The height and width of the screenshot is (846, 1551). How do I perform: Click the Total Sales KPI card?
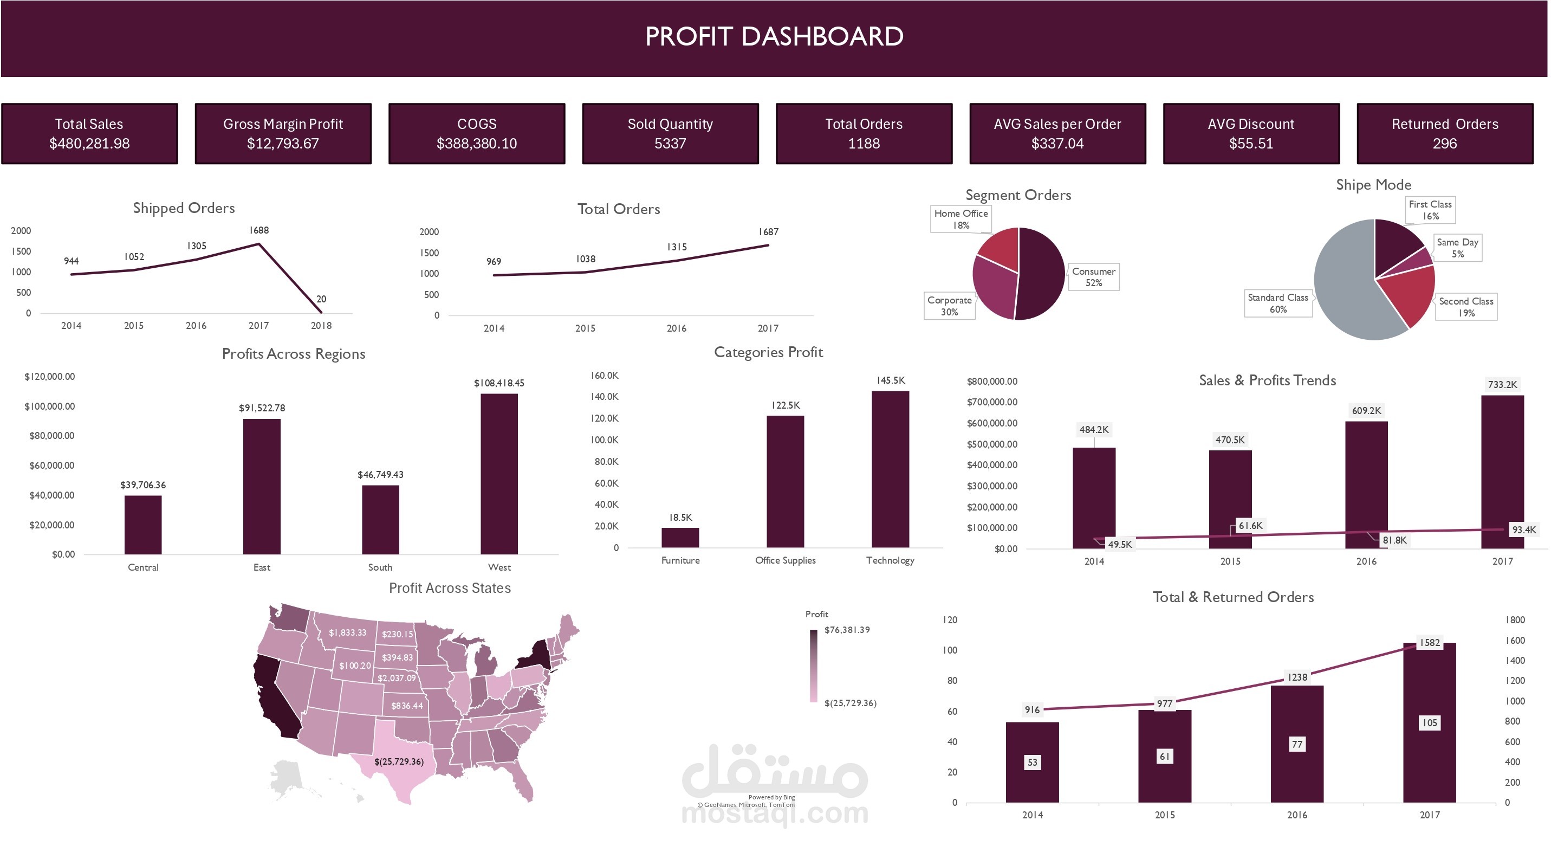point(89,133)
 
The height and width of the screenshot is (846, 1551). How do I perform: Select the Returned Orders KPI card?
point(1444,133)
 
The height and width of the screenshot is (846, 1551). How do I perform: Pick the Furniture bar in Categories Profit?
point(680,537)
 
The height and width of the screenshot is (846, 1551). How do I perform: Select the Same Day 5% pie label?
point(1457,248)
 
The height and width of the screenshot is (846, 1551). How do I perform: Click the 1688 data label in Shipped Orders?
point(259,230)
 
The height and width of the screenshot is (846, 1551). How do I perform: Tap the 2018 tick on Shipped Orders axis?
point(321,325)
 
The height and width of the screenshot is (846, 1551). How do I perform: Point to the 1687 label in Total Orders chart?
point(768,232)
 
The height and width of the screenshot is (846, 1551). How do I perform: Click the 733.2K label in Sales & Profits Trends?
point(1502,384)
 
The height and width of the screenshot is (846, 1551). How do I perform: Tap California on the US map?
point(274,699)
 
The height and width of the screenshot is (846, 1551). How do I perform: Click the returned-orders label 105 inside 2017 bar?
point(1429,722)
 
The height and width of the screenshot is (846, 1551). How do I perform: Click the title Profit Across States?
point(449,587)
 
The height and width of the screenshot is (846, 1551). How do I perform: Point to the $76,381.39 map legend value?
point(847,630)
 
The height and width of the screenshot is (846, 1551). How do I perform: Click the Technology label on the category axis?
point(890,560)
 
